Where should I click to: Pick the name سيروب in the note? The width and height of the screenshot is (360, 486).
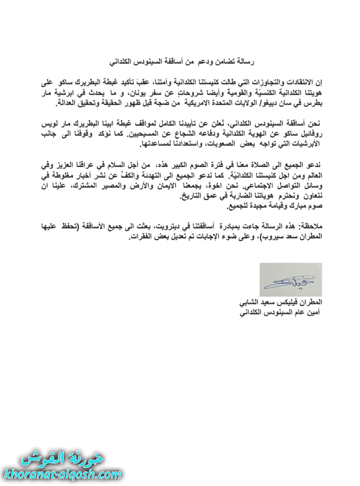[x=261, y=237]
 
